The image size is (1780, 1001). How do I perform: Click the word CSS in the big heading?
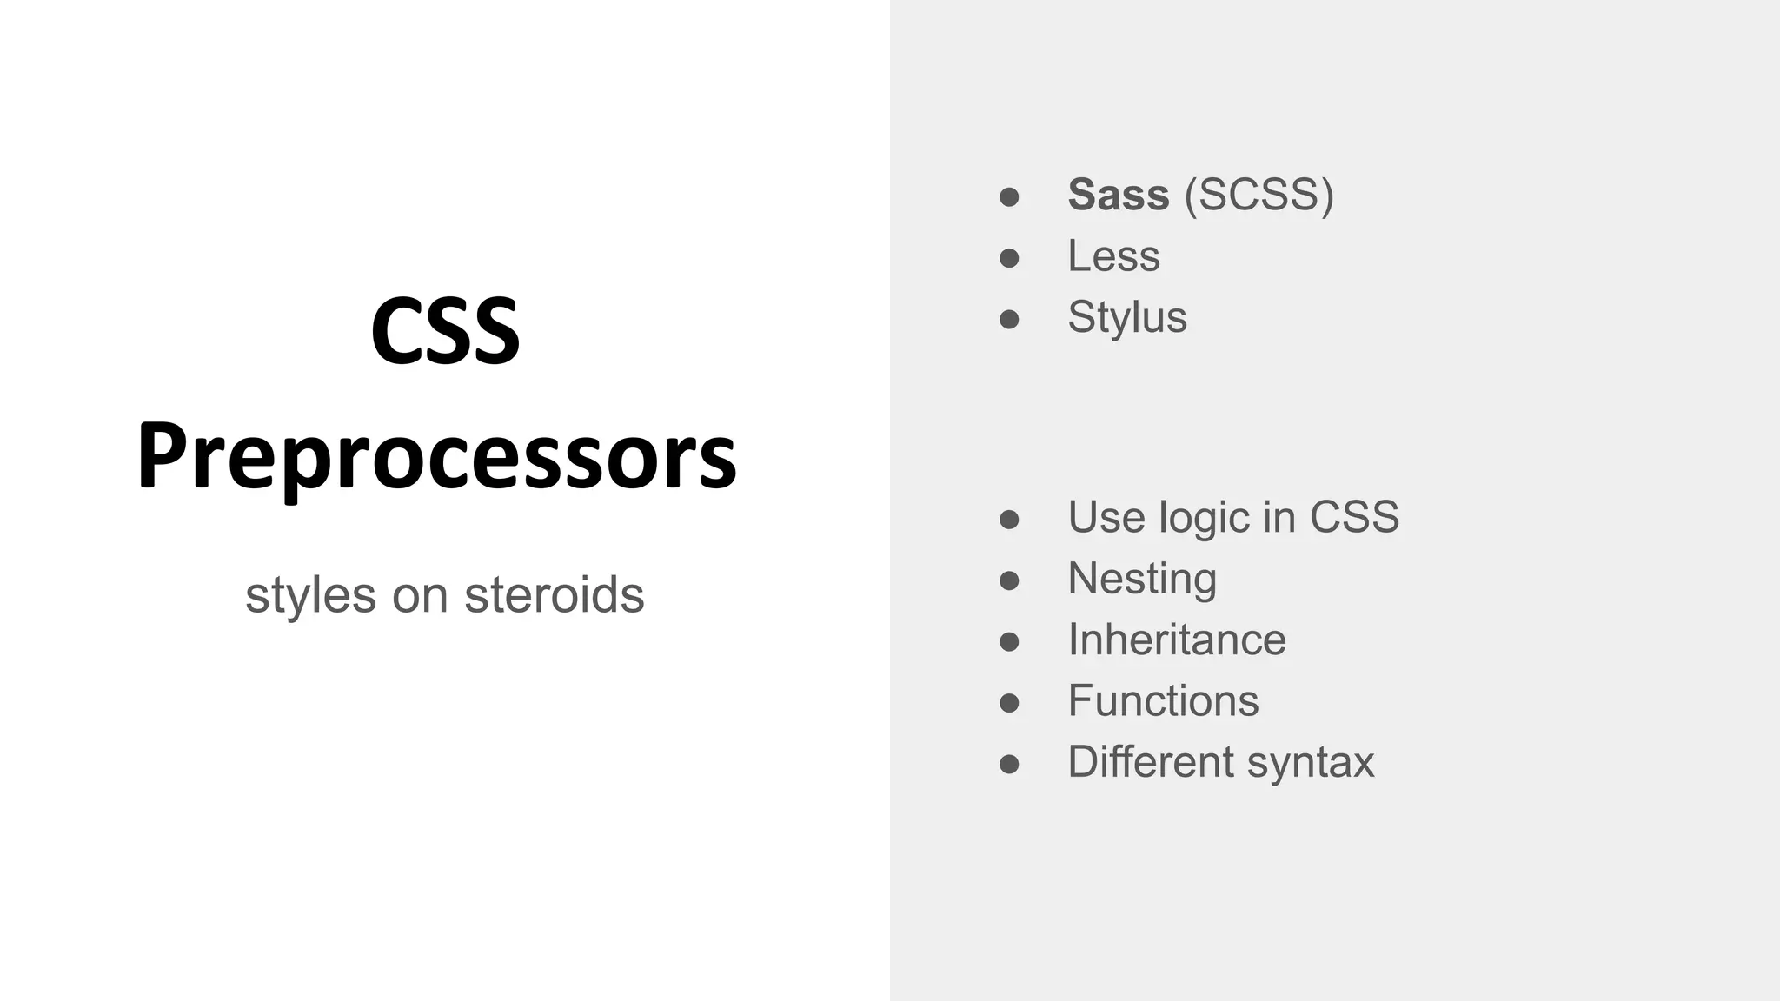tap(445, 332)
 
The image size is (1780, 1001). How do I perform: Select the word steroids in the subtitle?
tap(554, 595)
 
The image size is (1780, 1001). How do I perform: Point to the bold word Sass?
tap(1118, 195)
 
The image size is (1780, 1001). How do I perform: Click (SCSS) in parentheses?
tap(1259, 195)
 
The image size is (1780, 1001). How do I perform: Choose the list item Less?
tap(1113, 256)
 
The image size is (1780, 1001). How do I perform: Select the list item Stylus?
tap(1126, 317)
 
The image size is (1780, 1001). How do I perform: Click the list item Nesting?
tap(1141, 579)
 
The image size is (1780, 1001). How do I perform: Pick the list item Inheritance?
tap(1176, 640)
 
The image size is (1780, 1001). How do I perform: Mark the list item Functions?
tap(1162, 701)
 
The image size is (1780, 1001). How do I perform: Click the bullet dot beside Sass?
tap(1009, 197)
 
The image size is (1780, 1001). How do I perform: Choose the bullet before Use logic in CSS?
tap(1009, 520)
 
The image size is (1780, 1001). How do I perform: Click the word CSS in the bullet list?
tap(1354, 518)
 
